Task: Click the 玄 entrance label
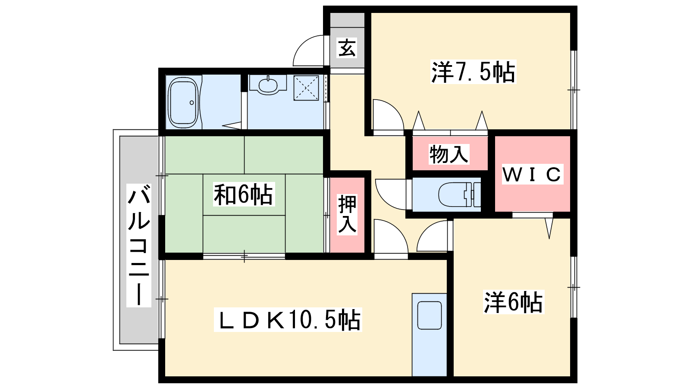[x=347, y=48]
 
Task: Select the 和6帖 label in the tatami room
[x=244, y=194]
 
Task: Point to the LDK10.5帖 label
[x=288, y=320]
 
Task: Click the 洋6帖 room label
[x=513, y=302]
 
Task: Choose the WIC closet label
[x=533, y=174]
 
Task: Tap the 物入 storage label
[x=449, y=154]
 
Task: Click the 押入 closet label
[x=347, y=214]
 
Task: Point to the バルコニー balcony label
[x=138, y=245]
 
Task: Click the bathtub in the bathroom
[x=183, y=103]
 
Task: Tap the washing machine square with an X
[x=306, y=88]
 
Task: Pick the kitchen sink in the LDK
[x=430, y=316]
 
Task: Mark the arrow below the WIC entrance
[x=549, y=228]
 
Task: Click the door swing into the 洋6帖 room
[x=427, y=231]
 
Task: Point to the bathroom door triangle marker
[x=232, y=125]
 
